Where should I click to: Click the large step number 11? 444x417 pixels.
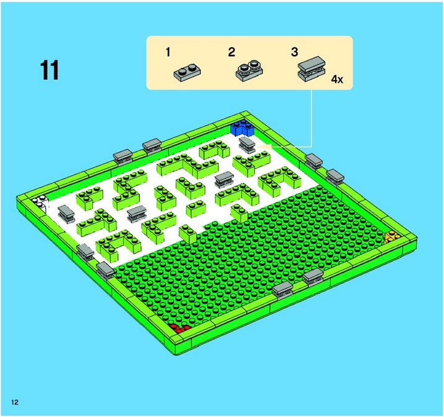coord(49,71)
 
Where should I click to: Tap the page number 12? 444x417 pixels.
coord(15,402)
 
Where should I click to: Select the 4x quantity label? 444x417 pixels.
coord(337,80)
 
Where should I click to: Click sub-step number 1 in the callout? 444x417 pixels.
coord(168,52)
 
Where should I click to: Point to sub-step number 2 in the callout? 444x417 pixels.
coord(232,52)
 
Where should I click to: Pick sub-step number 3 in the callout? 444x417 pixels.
coord(295,52)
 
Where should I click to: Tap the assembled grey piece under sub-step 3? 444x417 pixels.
coord(312,69)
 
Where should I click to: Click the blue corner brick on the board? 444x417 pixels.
coord(242,128)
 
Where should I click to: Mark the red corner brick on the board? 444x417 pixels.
coord(180,329)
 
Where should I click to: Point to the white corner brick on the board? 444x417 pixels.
coord(40,202)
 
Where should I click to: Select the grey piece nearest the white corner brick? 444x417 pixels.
coord(66,213)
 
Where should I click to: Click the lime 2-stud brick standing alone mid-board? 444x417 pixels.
coord(196,208)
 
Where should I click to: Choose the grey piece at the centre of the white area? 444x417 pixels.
coord(224,179)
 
